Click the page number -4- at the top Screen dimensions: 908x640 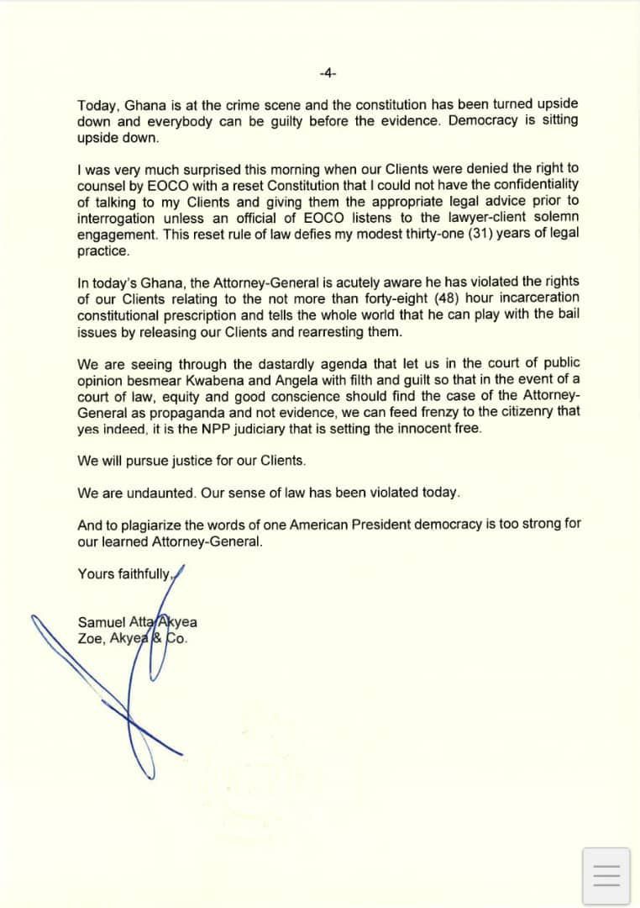click(x=328, y=73)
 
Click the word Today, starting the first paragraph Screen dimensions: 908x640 click(x=98, y=106)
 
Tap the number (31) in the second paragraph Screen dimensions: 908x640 click(x=477, y=234)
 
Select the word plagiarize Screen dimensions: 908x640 click(x=161, y=525)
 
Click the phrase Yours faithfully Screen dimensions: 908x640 click(x=124, y=573)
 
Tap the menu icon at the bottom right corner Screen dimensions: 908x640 click(x=606, y=876)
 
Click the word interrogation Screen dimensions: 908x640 click(x=117, y=218)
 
